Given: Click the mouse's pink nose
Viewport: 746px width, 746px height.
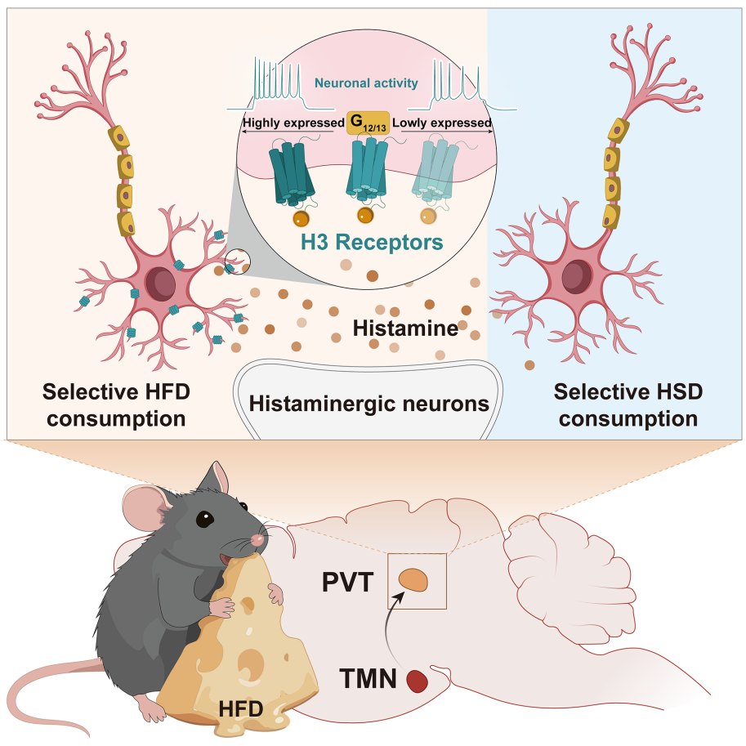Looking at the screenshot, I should click(261, 538).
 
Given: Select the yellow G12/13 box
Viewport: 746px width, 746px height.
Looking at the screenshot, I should click(367, 123).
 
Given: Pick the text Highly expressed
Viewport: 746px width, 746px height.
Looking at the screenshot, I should click(293, 124).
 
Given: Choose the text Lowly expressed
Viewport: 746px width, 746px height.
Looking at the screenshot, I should click(442, 124).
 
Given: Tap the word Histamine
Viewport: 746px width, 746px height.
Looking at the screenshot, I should click(403, 328).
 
